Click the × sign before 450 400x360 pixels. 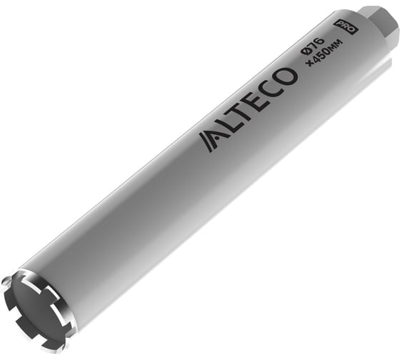click(308, 63)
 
